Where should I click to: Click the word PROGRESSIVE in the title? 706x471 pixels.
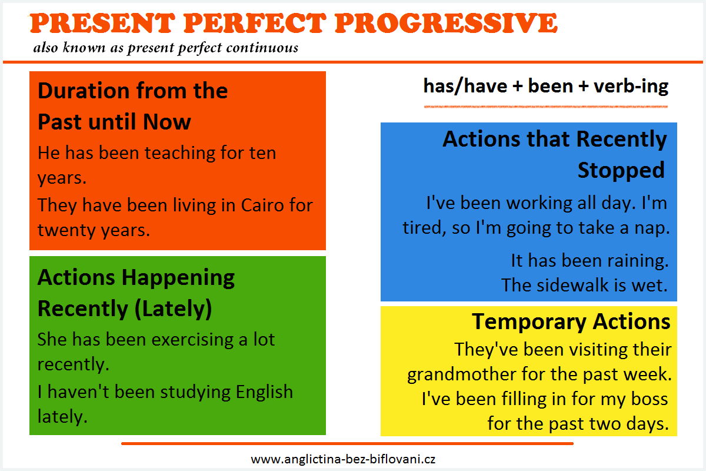[x=446, y=23]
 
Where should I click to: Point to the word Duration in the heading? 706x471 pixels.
[x=84, y=90]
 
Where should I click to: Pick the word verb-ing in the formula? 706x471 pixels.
[x=631, y=87]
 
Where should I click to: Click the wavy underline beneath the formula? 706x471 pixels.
[x=546, y=107]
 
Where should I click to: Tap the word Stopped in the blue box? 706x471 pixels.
[x=621, y=170]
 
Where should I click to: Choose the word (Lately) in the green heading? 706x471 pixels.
[x=173, y=309]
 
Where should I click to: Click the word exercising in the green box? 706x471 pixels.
[x=192, y=340]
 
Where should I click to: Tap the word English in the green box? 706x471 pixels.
[x=264, y=393]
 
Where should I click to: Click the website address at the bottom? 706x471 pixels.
[x=343, y=459]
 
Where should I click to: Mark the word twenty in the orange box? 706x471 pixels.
[x=66, y=230]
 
